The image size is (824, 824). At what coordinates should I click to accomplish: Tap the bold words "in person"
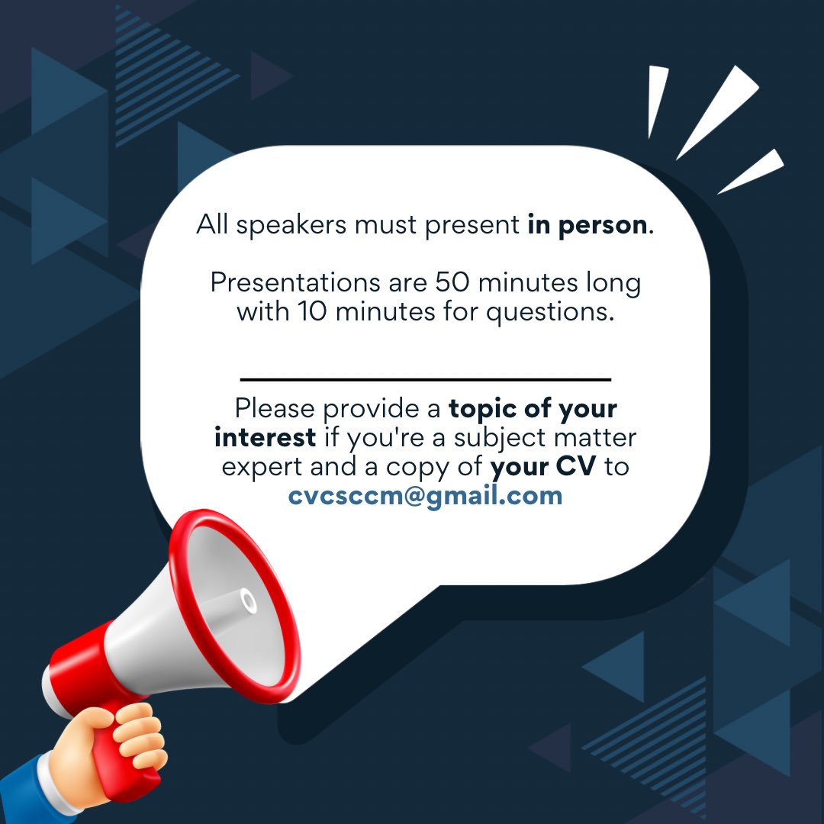586,226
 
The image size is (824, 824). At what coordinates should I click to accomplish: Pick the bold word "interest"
265,438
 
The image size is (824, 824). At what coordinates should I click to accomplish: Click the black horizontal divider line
425,378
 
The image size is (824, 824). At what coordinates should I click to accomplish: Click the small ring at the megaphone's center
249,600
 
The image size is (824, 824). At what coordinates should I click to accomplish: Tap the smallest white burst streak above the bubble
656,99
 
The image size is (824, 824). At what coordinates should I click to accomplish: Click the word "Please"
275,409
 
